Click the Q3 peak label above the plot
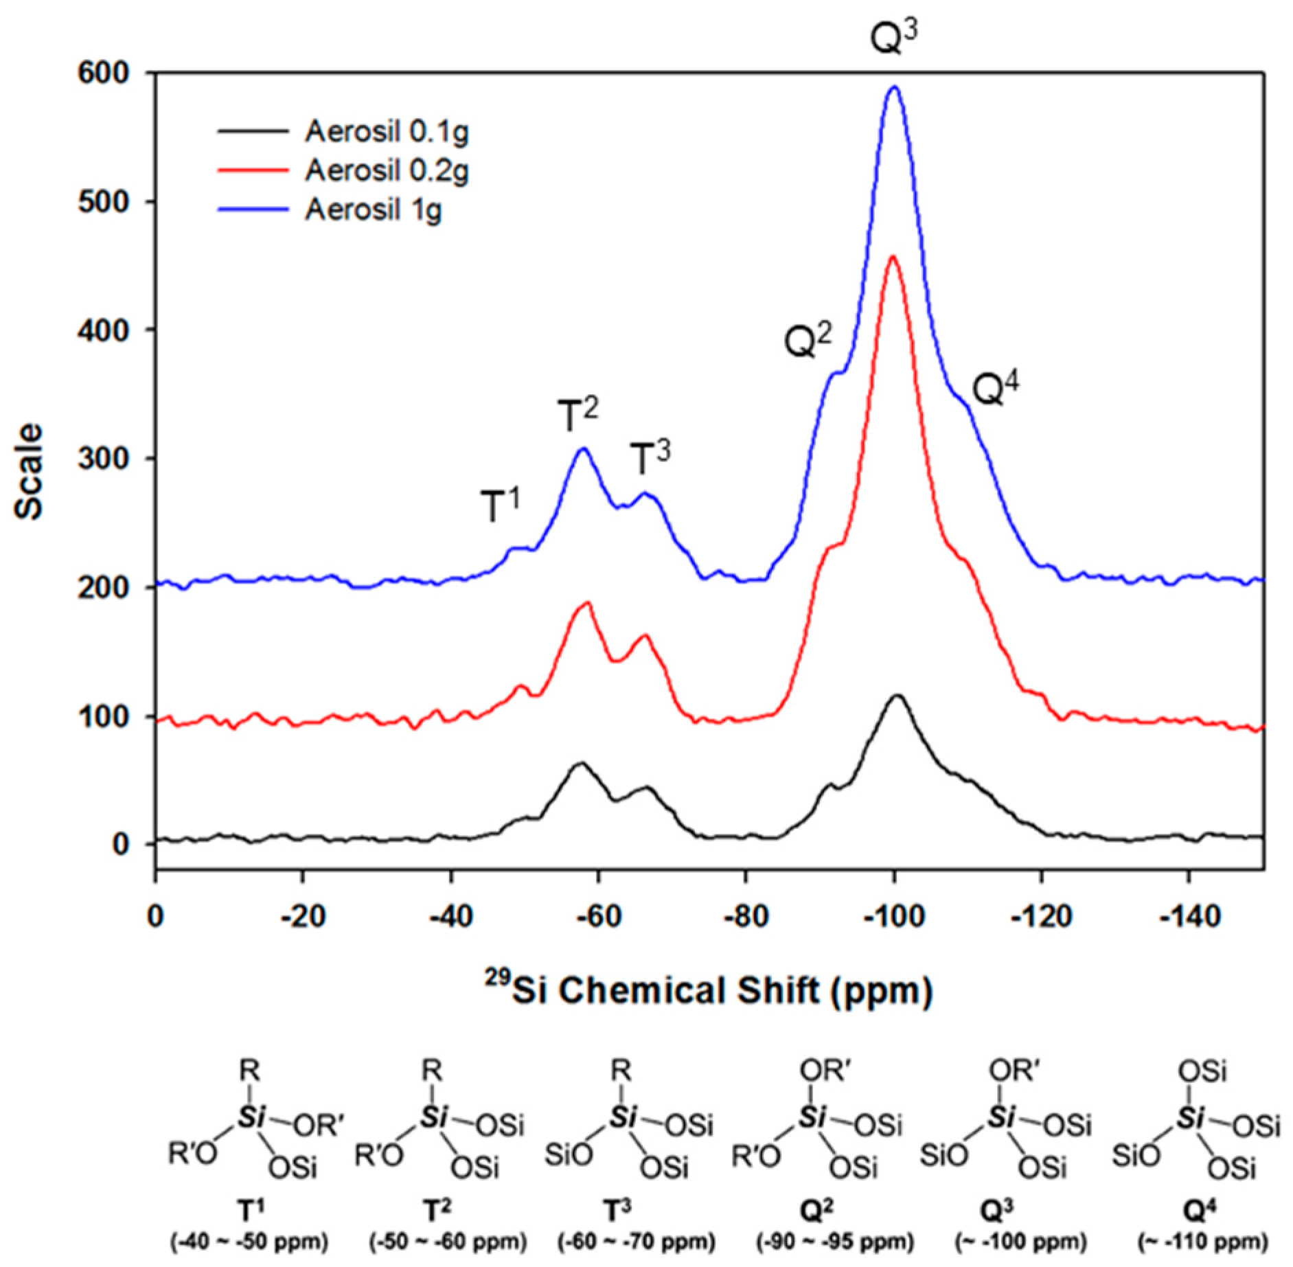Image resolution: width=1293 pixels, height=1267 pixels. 892,39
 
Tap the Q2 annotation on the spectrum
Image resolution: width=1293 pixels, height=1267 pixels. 808,341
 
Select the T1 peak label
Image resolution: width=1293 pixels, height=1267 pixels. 499,506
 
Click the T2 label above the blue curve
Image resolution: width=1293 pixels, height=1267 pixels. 576,416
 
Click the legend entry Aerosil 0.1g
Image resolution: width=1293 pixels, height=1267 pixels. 386,131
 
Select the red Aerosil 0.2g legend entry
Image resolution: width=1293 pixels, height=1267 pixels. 386,170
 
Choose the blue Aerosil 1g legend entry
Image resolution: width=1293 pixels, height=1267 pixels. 373,209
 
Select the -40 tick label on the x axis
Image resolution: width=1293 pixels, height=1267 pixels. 450,916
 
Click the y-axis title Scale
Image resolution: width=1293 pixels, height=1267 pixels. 29,471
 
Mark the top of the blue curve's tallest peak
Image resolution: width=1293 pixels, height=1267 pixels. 893,87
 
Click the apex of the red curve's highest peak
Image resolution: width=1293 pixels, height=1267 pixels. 892,257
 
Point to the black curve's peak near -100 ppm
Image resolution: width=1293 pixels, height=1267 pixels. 897,696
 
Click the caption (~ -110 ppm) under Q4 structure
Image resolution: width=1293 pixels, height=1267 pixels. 1202,1242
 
